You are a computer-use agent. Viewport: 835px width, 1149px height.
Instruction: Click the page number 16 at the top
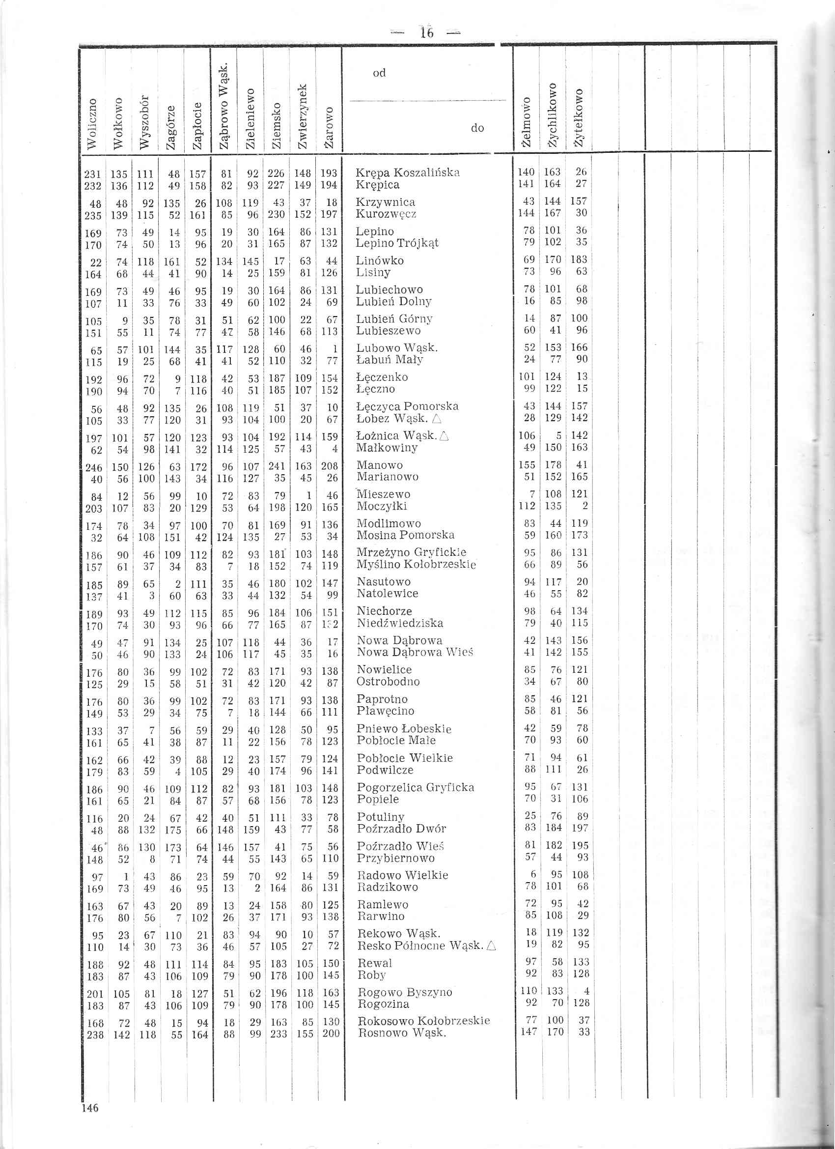click(427, 33)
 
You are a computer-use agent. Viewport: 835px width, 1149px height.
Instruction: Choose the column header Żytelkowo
click(579, 118)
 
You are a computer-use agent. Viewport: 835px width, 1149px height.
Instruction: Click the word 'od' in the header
click(379, 73)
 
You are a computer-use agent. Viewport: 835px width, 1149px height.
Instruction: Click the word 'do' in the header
click(477, 128)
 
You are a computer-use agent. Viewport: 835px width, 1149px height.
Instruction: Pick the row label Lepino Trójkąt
click(397, 243)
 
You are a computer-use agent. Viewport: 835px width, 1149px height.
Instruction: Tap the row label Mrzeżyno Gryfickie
click(411, 552)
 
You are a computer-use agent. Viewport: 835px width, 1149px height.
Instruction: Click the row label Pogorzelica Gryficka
click(415, 787)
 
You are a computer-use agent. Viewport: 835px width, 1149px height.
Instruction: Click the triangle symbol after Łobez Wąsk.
click(438, 420)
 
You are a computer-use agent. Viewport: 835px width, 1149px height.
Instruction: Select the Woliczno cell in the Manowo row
click(94, 466)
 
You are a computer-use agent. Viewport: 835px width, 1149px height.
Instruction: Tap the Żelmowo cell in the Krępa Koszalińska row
click(527, 172)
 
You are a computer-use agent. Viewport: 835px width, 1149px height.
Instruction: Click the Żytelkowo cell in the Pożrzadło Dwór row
click(580, 828)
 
